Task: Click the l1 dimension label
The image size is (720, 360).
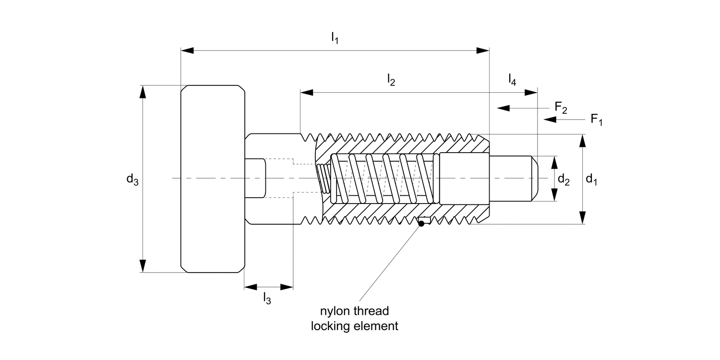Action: (x=335, y=38)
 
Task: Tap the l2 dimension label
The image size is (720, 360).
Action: (x=391, y=80)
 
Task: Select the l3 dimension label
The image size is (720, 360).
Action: (x=267, y=298)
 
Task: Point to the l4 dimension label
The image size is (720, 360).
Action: (x=512, y=80)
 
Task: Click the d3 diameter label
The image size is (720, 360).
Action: (x=132, y=180)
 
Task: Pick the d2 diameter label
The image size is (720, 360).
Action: (x=564, y=180)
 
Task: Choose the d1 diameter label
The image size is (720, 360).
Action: (x=591, y=180)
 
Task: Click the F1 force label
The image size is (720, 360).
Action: (x=597, y=120)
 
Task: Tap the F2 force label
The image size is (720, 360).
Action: (x=561, y=108)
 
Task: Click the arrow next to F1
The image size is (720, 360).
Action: (x=564, y=120)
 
